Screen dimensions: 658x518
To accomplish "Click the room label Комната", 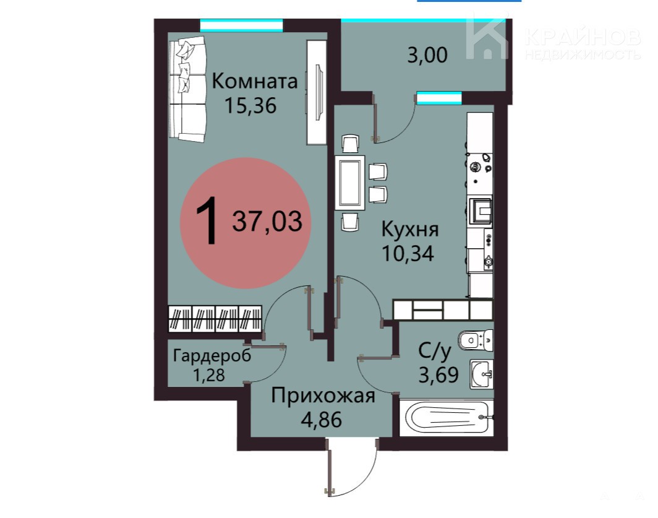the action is tap(254, 81).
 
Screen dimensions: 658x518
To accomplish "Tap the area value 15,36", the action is tap(250, 105).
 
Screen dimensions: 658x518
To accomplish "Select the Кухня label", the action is tap(410, 230).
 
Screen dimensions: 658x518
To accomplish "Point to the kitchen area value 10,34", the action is tap(408, 253).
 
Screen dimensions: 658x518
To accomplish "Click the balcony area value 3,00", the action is tap(427, 55).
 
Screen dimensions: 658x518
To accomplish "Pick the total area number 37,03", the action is tap(267, 222).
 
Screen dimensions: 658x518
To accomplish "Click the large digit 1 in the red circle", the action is tap(207, 221).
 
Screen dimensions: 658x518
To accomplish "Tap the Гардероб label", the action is tap(212, 356).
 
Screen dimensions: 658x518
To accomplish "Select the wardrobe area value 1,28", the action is tap(209, 374).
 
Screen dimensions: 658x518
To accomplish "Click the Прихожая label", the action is tap(323, 395).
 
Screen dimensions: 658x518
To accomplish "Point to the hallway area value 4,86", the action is tap(322, 419).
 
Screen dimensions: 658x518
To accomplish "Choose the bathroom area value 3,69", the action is tap(438, 375).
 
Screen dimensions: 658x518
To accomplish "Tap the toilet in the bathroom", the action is tap(476, 339).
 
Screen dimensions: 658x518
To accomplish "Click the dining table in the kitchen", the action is tap(350, 183).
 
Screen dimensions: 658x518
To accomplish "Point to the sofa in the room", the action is tap(187, 88).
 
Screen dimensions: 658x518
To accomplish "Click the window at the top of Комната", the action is tap(241, 25).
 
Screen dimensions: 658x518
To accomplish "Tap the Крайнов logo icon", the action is tap(487, 37).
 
